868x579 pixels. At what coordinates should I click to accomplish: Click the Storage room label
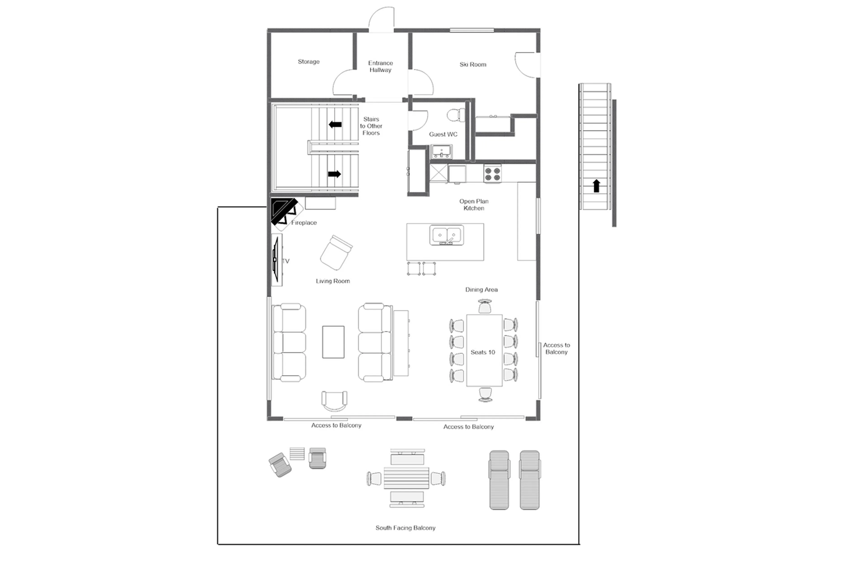[x=308, y=62]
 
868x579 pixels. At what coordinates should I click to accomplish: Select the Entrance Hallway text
[x=380, y=67]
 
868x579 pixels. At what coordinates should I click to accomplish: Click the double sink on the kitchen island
[x=446, y=235]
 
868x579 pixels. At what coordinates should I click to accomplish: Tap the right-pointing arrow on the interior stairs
[x=334, y=174]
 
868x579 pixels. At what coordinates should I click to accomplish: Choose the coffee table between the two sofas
[x=333, y=342]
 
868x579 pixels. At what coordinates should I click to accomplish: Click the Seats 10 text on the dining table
[x=483, y=352]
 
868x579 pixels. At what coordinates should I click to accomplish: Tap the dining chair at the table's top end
[x=485, y=307]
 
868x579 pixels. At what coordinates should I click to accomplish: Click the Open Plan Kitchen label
[x=474, y=205]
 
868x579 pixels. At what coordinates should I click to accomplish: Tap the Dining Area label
[x=481, y=290]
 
